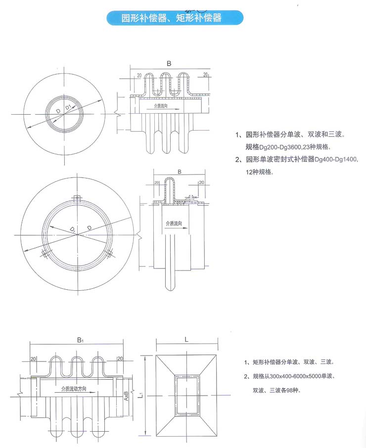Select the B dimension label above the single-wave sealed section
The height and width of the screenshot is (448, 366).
coord(179,172)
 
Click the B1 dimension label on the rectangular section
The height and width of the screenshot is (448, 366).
coord(80,340)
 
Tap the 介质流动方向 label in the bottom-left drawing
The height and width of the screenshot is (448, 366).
coord(74,389)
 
